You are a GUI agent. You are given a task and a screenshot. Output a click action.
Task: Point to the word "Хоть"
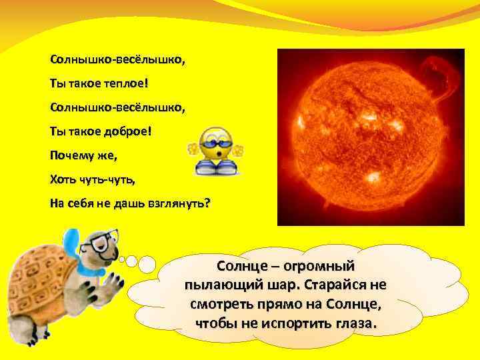pos(63,179)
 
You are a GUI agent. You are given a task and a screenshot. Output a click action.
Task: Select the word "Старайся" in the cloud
pos(336,285)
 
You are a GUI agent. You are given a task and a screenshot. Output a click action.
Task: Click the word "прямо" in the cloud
pos(289,305)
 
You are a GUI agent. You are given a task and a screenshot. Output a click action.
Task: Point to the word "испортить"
pos(288,325)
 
